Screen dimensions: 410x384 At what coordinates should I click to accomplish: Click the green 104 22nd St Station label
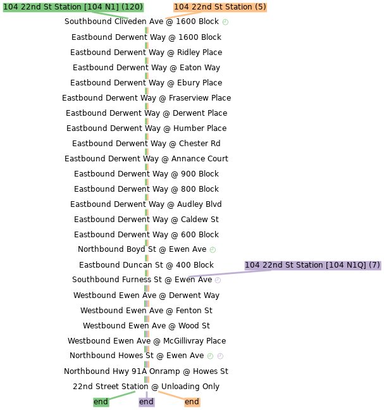[73, 7]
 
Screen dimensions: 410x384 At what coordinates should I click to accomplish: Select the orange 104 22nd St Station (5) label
[220, 7]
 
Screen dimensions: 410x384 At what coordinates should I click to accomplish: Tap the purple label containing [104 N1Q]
[313, 265]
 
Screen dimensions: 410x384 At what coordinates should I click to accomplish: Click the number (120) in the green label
[132, 7]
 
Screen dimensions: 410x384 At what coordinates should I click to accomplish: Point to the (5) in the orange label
[260, 7]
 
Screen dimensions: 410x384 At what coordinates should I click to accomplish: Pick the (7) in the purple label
[374, 265]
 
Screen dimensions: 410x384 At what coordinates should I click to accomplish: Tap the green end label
[101, 402]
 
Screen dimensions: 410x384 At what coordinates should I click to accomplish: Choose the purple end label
[146, 402]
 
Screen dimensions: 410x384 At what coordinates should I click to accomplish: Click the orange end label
[192, 402]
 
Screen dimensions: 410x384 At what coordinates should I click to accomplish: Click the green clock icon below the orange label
[225, 22]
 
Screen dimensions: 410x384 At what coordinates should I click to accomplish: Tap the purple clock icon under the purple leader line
[218, 280]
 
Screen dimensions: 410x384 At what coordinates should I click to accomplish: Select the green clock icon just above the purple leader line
[213, 250]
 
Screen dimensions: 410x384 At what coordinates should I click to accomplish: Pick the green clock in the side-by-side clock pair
[210, 356]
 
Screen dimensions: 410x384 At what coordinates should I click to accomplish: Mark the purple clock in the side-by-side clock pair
[220, 356]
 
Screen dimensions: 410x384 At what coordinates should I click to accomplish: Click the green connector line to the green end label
[122, 395]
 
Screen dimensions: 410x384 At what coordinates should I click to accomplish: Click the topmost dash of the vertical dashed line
[147, 30]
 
